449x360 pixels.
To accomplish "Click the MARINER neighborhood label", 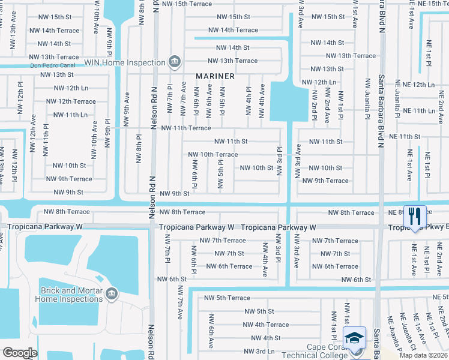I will pyautogui.click(x=214, y=76).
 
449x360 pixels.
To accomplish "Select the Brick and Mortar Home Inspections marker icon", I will pyautogui.click(x=111, y=293).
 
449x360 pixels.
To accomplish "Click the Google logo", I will pyautogui.click(x=20, y=352).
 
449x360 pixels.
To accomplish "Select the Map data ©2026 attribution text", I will pyautogui.click(x=423, y=355).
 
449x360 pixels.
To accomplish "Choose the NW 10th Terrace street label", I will pyautogui.click(x=212, y=154).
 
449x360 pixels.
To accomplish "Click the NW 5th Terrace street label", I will pyautogui.click(x=227, y=298).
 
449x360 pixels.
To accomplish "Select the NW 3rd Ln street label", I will pyautogui.click(x=259, y=351).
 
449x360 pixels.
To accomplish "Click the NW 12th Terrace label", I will pyautogui.click(x=71, y=101).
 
